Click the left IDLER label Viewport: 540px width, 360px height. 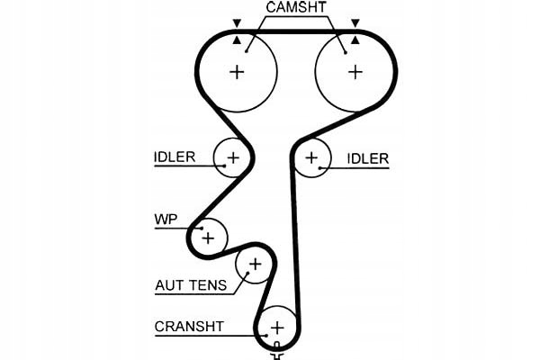pyautogui.click(x=175, y=157)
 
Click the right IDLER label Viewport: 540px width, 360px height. pyautogui.click(x=367, y=159)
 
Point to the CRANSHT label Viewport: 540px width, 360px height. pyautogui.click(x=189, y=326)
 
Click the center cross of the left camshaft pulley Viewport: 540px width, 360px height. pyautogui.click(x=238, y=72)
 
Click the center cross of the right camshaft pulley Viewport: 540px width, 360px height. pyautogui.click(x=355, y=72)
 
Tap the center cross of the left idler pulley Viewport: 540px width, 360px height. pyautogui.click(x=233, y=159)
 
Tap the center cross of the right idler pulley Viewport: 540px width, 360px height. pyautogui.click(x=311, y=158)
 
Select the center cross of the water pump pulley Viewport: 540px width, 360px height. pyautogui.click(x=209, y=238)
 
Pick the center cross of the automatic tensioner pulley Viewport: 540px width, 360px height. pyautogui.click(x=255, y=265)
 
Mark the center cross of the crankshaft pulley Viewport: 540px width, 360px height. pyautogui.click(x=278, y=327)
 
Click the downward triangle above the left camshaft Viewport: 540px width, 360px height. pyautogui.click(x=237, y=22)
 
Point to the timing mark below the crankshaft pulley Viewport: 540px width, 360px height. pyautogui.click(x=277, y=353)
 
